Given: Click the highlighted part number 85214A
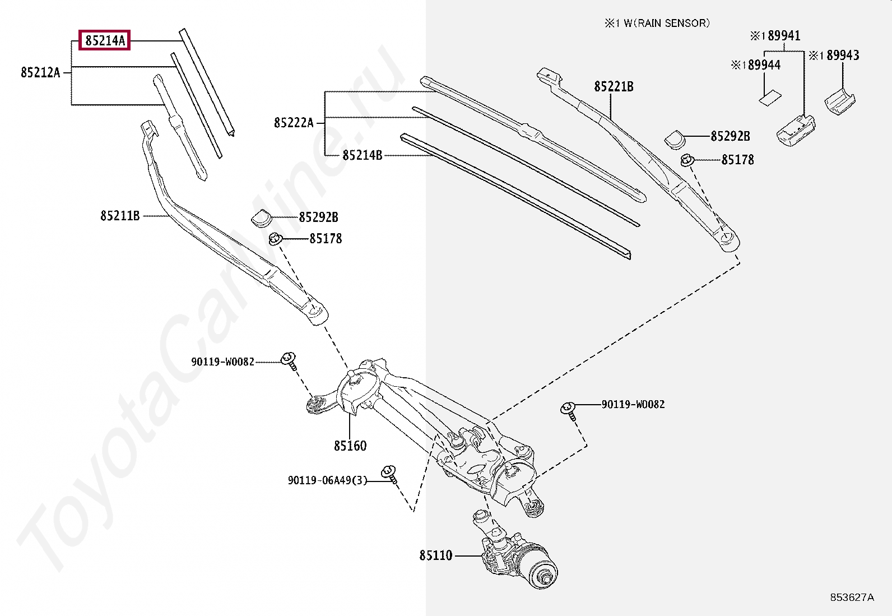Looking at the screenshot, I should [x=105, y=40].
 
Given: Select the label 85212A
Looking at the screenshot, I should [x=40, y=72].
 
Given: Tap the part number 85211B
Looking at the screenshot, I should [x=120, y=216].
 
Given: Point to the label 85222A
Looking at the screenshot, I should [x=294, y=123].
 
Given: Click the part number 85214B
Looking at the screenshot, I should [x=362, y=155].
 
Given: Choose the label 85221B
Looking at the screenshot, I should [x=614, y=86].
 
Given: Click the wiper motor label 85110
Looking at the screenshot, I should [x=435, y=555].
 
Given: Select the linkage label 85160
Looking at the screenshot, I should [x=350, y=446].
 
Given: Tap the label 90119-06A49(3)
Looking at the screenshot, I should [x=327, y=480].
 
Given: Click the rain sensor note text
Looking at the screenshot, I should [x=657, y=23].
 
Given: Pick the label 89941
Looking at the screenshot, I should [x=783, y=36].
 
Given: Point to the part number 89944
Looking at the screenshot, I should [x=763, y=65].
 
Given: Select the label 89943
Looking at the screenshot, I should [x=842, y=55].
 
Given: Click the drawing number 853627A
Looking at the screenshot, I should [x=852, y=598].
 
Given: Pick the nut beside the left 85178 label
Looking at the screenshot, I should [x=275, y=239].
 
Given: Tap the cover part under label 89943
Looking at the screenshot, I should [x=839, y=101].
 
